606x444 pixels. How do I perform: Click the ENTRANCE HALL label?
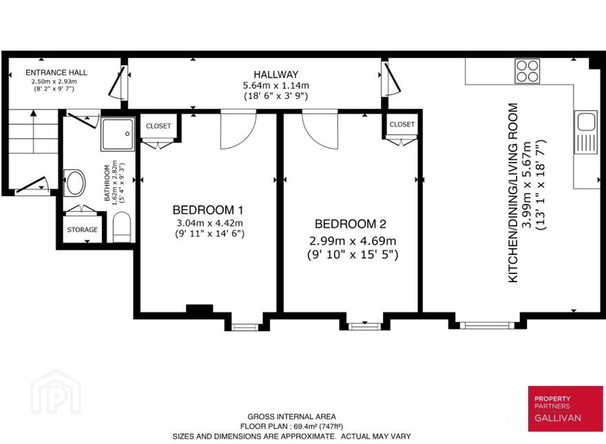coord(56,72)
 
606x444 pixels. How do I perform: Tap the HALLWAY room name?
coord(276,74)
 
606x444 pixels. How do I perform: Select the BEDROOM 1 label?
coord(208,210)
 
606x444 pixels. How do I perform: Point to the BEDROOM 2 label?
coord(351,224)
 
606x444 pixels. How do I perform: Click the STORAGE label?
coord(83,229)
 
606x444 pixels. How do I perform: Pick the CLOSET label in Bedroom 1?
coord(158,126)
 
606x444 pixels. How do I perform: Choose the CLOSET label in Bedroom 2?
coord(402,125)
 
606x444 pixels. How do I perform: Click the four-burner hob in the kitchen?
coord(527,71)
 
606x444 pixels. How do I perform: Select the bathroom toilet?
coord(122,227)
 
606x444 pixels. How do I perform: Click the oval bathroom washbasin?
coord(74,182)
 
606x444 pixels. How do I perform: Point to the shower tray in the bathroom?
coord(118,134)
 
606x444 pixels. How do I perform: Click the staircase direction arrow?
coord(34,131)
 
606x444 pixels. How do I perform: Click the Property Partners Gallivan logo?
coord(565,408)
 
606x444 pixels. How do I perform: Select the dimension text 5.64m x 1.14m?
coord(276,85)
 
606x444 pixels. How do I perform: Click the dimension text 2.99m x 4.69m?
coord(353,241)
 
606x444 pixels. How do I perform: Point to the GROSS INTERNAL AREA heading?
coord(292,416)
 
